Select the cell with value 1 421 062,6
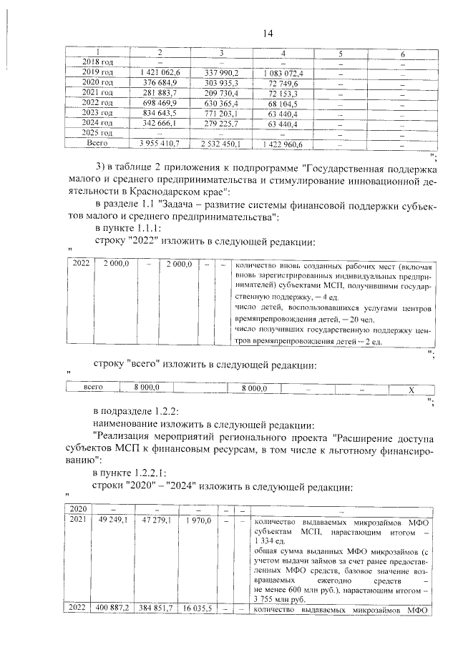pyautogui.click(x=160, y=73)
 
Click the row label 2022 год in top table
pyautogui.click(x=92, y=103)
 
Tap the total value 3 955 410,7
pyautogui.click(x=160, y=144)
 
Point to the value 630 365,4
pyautogui.click(x=221, y=103)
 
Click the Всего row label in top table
pyautogui.click(x=92, y=144)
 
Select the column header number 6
pyautogui.click(x=403, y=54)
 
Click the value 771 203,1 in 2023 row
pyautogui.click(x=221, y=113)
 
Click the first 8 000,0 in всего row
pyautogui.click(x=146, y=388)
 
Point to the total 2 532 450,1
pyautogui.click(x=221, y=144)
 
